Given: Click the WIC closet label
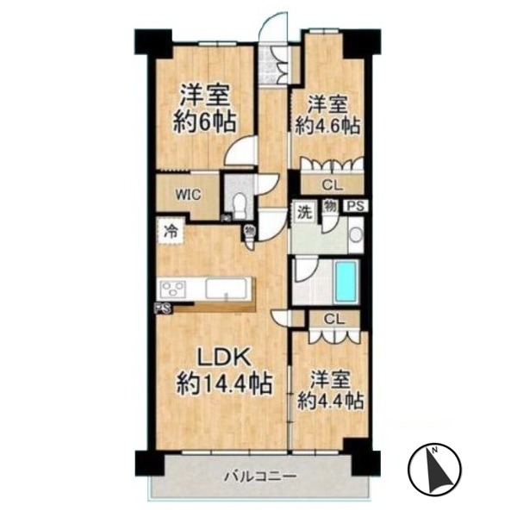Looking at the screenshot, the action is [x=188, y=195].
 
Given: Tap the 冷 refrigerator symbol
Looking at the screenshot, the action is [x=171, y=231].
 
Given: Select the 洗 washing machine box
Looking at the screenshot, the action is [x=304, y=212].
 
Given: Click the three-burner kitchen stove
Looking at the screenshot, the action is [x=173, y=289].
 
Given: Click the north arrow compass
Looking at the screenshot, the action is [x=434, y=468].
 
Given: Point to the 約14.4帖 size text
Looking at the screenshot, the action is [x=224, y=383].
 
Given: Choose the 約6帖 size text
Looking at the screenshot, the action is [x=205, y=121].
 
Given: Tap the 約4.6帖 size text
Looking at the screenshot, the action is [x=327, y=125].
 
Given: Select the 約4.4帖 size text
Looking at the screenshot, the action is [x=331, y=401].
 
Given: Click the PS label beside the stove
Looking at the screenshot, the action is [x=163, y=308].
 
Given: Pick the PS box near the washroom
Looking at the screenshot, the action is [x=356, y=206].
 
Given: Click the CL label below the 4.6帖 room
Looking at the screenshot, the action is [x=333, y=185].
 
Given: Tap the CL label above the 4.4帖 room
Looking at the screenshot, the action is [x=334, y=319].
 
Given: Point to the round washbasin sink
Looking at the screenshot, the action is [x=356, y=234].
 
